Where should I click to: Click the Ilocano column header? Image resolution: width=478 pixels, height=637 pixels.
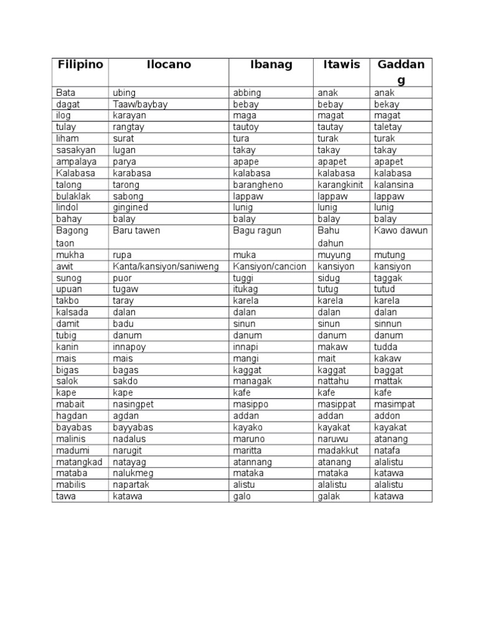pos(169,65)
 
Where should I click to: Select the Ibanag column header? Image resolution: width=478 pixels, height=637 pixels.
pos(271,65)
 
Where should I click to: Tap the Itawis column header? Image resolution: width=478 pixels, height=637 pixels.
pos(342,65)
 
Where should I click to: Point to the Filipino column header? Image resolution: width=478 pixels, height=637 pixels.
pos(80,65)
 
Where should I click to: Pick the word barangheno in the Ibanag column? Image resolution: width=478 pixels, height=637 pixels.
pos(259,185)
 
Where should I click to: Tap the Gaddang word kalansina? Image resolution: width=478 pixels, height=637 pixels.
pos(394,185)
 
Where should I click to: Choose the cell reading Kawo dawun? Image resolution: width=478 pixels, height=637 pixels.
pos(401,230)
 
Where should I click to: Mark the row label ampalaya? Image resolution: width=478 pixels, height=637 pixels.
pos(76,162)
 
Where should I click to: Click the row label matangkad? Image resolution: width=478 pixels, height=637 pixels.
pos(79,462)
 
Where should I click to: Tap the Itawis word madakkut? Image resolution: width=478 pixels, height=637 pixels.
pos(338,450)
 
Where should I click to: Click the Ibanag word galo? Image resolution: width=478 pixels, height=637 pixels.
pos(241,496)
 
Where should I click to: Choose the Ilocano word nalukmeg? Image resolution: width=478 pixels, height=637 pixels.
pos(133,473)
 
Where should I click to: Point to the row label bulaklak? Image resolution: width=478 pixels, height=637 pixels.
pos(73,196)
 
